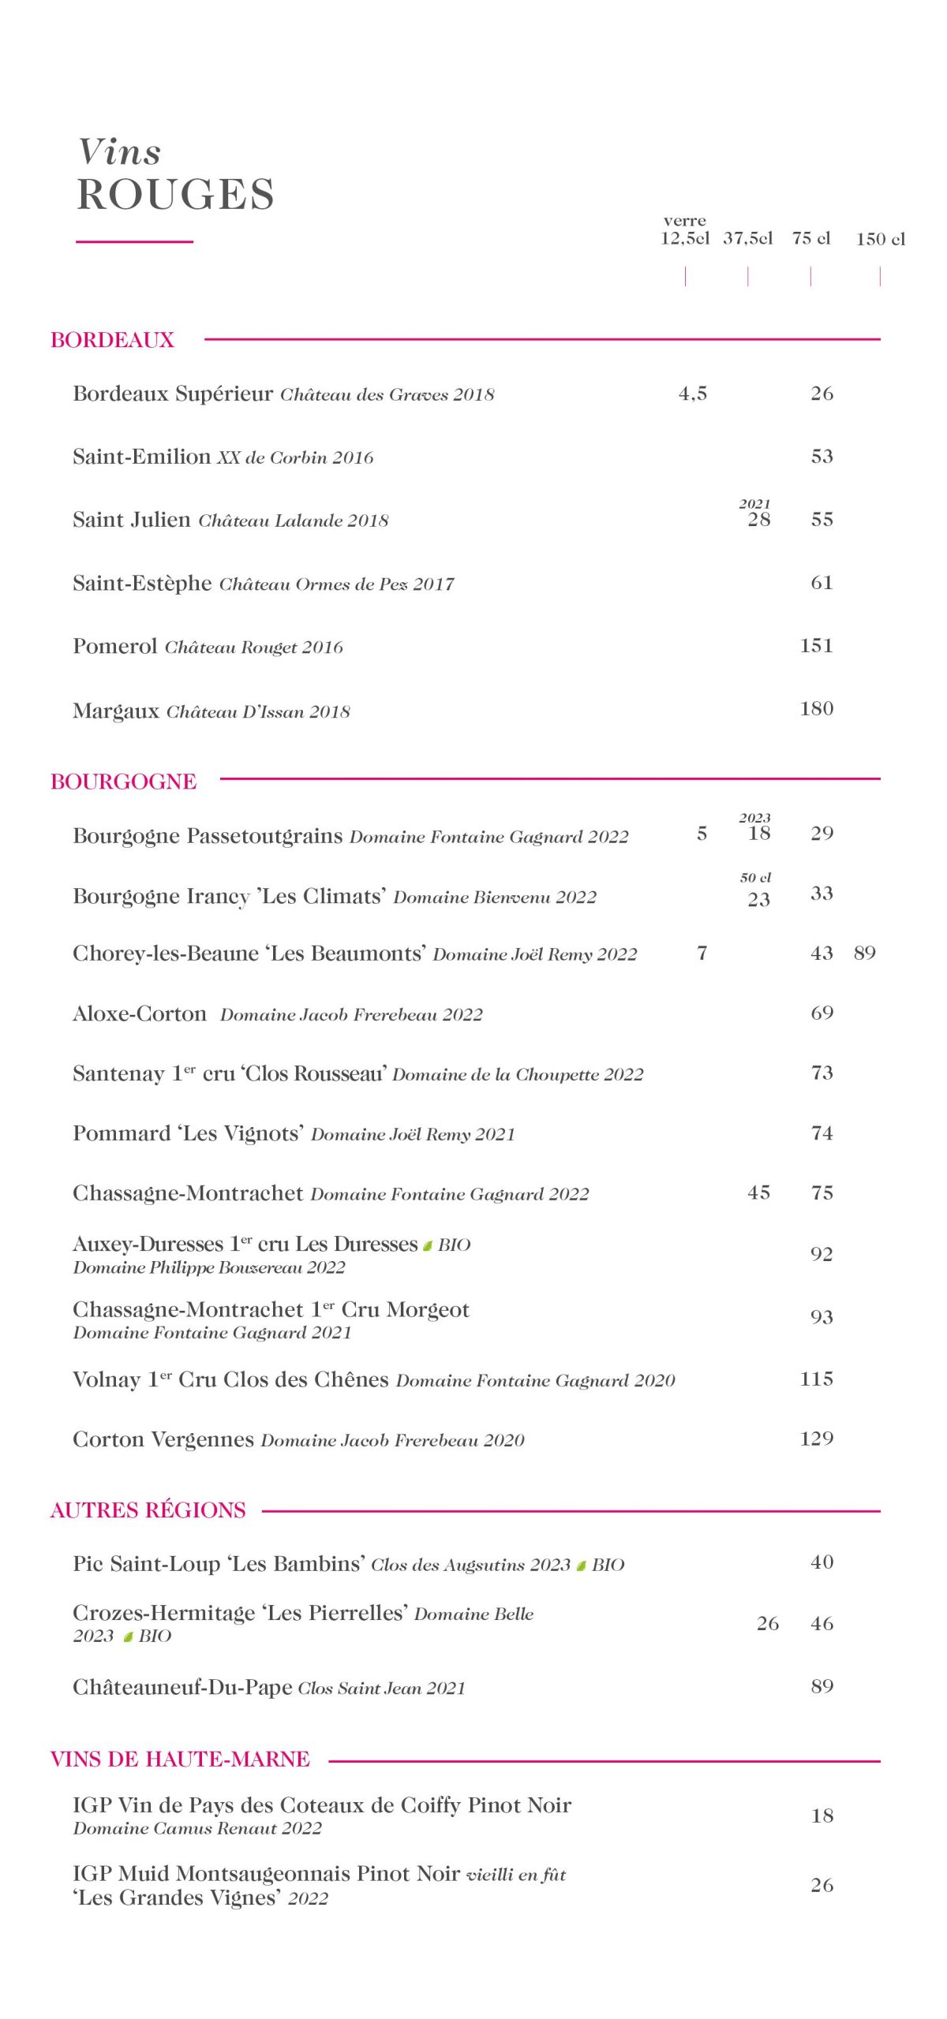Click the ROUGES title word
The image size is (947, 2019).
(175, 194)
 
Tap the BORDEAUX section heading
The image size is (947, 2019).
(112, 340)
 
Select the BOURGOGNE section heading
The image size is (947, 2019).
(123, 781)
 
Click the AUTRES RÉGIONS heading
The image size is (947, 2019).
(148, 1510)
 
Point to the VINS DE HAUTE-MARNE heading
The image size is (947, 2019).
(180, 1759)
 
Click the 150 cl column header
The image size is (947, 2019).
(880, 239)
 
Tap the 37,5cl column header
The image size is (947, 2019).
(747, 238)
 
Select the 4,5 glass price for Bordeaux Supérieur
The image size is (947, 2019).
(692, 394)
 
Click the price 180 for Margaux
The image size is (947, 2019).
(816, 708)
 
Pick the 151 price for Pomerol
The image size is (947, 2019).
(816, 645)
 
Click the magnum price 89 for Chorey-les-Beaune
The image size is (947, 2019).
(864, 953)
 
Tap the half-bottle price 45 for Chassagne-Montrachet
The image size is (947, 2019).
(758, 1192)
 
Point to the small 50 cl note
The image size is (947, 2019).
(755, 877)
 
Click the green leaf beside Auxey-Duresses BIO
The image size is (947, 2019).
(428, 1245)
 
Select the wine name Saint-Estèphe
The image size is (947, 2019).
(142, 583)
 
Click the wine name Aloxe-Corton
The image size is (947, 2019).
(139, 1013)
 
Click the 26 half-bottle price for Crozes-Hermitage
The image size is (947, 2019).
(767, 1623)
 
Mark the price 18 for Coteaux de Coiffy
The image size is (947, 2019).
(822, 1816)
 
